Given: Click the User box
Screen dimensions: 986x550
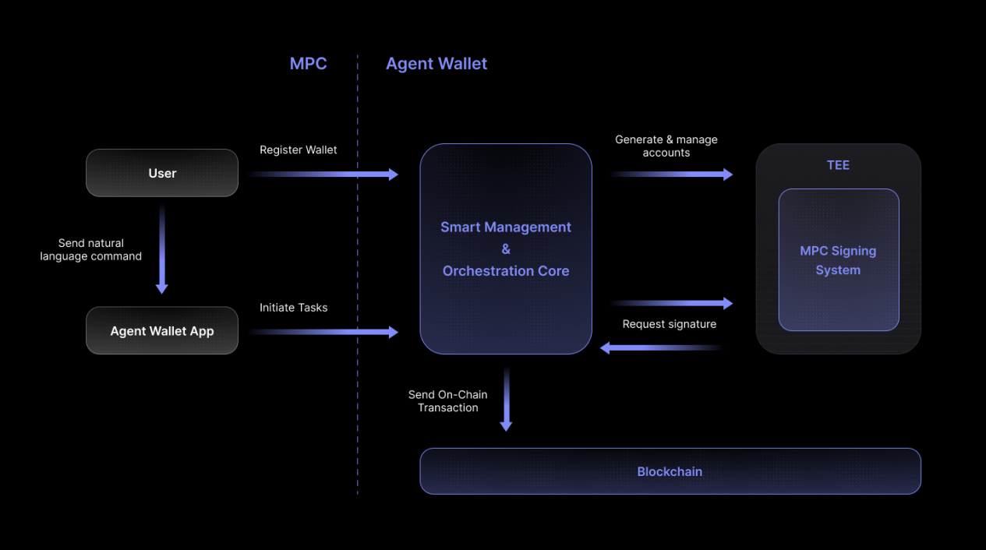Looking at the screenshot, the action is click(162, 173).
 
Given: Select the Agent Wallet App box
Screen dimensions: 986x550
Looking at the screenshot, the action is click(162, 330).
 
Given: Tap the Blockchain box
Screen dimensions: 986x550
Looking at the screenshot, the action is click(670, 471).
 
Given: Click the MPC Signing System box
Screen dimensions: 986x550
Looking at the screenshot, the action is click(839, 259).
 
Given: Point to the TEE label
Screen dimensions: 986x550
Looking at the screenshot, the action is click(838, 165).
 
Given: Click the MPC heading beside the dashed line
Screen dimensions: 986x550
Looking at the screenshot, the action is click(308, 64).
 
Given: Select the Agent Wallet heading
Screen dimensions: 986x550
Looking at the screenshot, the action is click(436, 64).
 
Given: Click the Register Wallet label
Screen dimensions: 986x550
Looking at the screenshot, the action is click(298, 150).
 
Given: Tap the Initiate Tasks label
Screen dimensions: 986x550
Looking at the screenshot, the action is click(293, 308).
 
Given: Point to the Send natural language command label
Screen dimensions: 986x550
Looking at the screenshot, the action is click(90, 249).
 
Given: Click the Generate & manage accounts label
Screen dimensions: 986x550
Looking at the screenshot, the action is click(666, 146).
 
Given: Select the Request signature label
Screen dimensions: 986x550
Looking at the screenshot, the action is click(669, 324).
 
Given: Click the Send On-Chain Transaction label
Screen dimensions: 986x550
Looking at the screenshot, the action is click(447, 401).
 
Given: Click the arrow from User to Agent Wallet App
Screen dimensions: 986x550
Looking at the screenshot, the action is click(162, 249).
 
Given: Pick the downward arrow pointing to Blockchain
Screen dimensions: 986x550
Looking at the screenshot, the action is click(506, 399).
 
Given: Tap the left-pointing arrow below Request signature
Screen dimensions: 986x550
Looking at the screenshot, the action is click(662, 348).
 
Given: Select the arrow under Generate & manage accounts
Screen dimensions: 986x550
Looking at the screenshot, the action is click(672, 175).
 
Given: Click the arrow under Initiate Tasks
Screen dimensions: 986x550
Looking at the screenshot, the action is click(323, 332).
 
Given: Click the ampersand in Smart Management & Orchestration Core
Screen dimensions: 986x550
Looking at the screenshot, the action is click(506, 249).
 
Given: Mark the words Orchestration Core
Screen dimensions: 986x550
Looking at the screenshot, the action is click(506, 271).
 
